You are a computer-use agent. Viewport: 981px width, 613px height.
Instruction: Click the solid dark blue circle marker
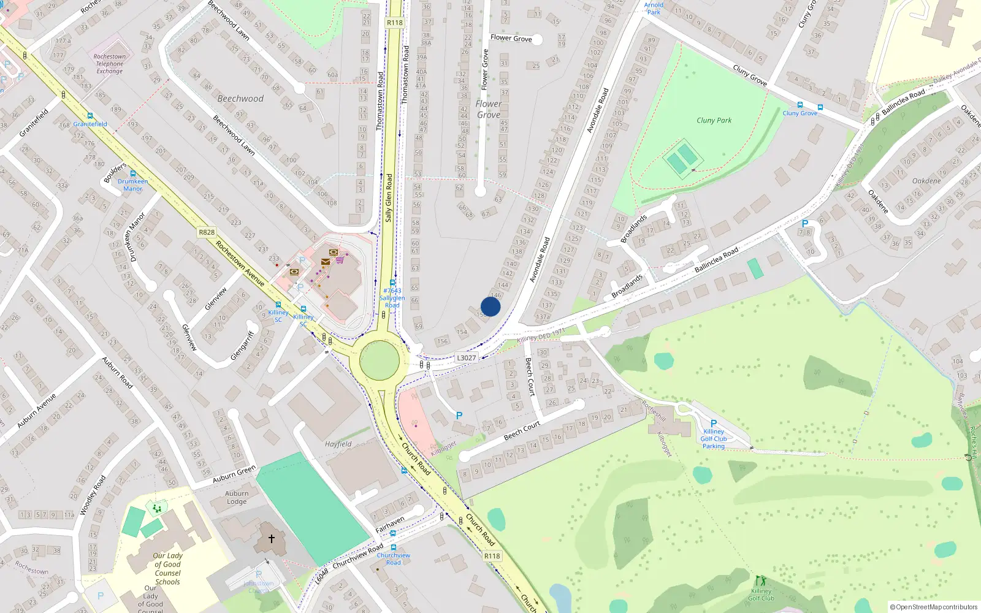[x=490, y=306]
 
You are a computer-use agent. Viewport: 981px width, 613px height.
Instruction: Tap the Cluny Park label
[x=714, y=121]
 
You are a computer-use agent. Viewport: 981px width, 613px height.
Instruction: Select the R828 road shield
[x=207, y=232]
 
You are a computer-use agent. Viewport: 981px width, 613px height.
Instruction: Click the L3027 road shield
[x=466, y=358]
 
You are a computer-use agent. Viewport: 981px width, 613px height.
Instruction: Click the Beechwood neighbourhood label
[x=240, y=99]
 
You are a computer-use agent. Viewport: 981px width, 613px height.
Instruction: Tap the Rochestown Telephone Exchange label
[x=110, y=64]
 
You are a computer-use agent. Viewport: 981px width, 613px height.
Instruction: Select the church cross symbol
[x=272, y=538]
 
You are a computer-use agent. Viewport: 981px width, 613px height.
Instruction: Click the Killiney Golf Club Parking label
[x=714, y=439]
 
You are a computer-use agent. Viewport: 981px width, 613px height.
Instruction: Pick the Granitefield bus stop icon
[x=90, y=116]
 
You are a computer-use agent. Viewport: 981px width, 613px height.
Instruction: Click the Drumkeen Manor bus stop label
[x=133, y=185]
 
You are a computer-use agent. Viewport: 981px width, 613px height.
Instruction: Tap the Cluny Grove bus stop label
[x=800, y=113]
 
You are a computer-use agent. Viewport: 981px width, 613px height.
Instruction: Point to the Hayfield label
[x=338, y=444]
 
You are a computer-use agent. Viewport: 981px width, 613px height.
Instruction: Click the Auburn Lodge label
[x=237, y=497]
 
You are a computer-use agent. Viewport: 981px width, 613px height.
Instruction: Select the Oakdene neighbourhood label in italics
[x=926, y=181]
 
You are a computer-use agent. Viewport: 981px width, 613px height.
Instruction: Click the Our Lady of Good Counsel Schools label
[x=167, y=569]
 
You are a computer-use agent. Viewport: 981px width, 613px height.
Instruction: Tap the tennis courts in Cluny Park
[x=682, y=159]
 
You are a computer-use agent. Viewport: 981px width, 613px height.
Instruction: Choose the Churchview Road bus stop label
[x=394, y=559]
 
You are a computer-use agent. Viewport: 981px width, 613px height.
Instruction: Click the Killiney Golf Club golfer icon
[x=761, y=581]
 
